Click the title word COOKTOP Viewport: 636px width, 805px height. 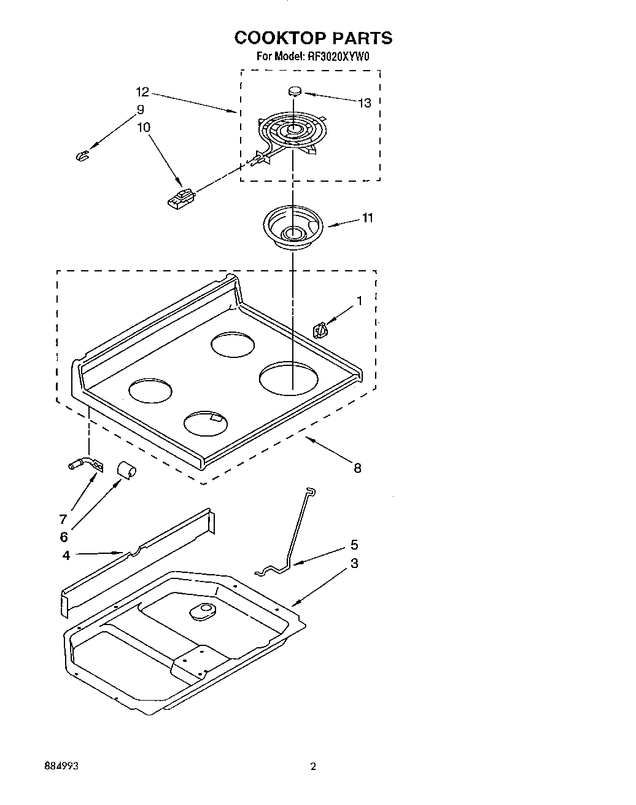pos(280,38)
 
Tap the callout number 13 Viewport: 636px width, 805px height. pos(365,103)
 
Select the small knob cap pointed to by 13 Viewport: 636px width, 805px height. pos(295,91)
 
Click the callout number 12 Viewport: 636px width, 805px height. pos(142,92)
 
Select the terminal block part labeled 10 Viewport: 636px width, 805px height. pos(180,200)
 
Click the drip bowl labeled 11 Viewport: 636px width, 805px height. pos(292,228)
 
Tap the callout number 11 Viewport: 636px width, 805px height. pos(367,218)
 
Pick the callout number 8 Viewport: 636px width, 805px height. pos(357,469)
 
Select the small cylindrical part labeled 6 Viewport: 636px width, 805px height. pos(126,470)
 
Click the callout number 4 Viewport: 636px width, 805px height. pos(66,556)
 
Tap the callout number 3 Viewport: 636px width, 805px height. pos(354,564)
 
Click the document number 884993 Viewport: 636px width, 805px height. pos(61,767)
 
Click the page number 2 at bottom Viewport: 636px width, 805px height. pos(313,767)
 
